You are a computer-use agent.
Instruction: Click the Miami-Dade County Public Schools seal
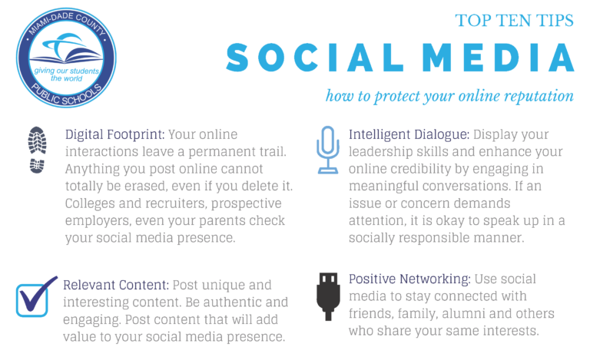66,58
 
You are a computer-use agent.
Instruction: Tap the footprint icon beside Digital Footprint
37,150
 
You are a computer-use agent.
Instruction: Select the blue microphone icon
328,150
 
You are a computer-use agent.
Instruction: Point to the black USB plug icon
328,296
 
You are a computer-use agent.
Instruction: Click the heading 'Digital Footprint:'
114,134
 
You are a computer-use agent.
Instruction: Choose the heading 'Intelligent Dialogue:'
409,134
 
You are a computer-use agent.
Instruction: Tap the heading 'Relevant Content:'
116,285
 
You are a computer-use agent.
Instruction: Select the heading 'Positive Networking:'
409,279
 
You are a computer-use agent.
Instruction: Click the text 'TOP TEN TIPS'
515,20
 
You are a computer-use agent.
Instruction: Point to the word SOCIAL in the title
314,58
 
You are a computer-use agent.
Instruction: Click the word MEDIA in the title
498,58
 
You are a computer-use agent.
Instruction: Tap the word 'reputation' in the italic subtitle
539,96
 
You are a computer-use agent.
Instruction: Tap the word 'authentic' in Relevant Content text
232,302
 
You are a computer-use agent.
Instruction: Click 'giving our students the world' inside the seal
66,74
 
